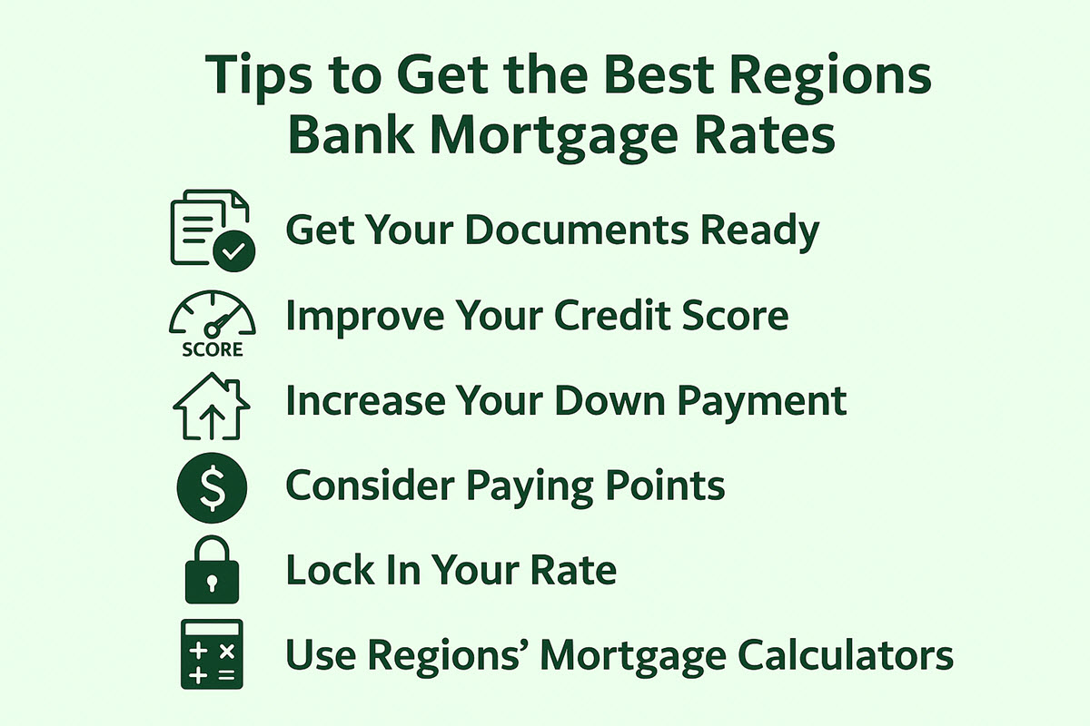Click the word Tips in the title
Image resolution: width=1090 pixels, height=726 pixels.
click(x=258, y=77)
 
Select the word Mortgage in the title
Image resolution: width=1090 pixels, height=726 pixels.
click(x=554, y=136)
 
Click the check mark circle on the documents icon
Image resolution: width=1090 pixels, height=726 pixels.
click(x=234, y=250)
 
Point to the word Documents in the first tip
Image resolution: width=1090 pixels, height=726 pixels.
click(x=577, y=230)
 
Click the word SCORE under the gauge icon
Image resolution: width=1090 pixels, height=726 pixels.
click(x=213, y=349)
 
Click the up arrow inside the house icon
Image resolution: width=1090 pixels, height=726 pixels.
click(x=212, y=422)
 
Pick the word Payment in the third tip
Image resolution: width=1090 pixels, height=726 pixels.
click(x=762, y=403)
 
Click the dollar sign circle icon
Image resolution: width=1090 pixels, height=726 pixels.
click(x=213, y=487)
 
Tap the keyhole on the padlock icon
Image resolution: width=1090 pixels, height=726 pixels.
click(x=212, y=582)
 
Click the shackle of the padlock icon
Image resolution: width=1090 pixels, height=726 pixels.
click(x=212, y=546)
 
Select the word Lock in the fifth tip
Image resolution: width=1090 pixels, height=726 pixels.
click(x=331, y=569)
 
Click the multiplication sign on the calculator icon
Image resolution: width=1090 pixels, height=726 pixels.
click(x=227, y=652)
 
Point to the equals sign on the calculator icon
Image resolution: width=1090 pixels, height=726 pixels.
click(x=227, y=675)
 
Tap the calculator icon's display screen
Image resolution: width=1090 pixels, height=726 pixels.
click(x=212, y=629)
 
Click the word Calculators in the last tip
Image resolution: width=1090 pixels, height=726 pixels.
click(x=846, y=654)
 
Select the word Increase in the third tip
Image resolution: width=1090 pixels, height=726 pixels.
click(x=366, y=401)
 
